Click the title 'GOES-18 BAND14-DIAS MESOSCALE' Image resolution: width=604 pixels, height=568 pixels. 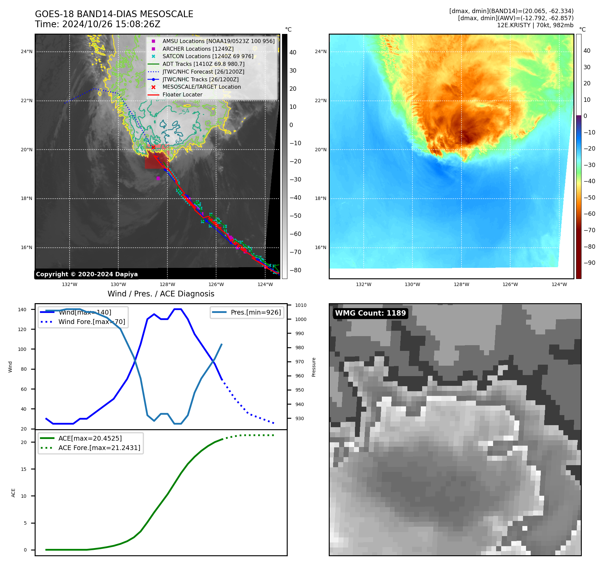114,14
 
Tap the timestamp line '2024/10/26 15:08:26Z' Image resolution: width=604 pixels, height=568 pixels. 111,25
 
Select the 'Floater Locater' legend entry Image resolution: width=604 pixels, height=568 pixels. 182,95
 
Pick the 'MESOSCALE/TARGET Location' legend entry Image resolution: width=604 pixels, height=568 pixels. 201,87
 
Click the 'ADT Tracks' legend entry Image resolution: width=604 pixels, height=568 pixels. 203,64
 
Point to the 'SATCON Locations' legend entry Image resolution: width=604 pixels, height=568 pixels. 208,56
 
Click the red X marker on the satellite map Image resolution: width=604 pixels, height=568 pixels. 153,147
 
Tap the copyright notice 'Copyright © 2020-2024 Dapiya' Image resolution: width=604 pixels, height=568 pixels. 87,274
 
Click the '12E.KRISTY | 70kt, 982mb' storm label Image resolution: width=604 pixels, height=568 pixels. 535,25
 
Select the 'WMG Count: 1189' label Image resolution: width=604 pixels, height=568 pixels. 370,313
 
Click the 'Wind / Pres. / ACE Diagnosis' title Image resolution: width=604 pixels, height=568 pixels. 161,294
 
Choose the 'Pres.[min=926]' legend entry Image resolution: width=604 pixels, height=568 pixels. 255,313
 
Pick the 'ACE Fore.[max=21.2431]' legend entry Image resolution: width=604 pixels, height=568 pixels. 99,448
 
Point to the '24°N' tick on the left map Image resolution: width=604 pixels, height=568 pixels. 27,52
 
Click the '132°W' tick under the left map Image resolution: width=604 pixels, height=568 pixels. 70,285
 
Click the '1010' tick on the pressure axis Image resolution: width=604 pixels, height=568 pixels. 301,306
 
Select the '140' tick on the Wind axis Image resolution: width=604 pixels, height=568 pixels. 22,310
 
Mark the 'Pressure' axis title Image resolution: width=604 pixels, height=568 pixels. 314,367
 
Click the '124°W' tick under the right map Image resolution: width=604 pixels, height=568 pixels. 559,285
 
